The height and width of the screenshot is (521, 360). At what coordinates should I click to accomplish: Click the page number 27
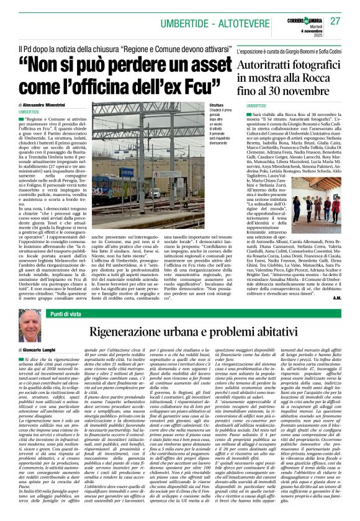[335, 21]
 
